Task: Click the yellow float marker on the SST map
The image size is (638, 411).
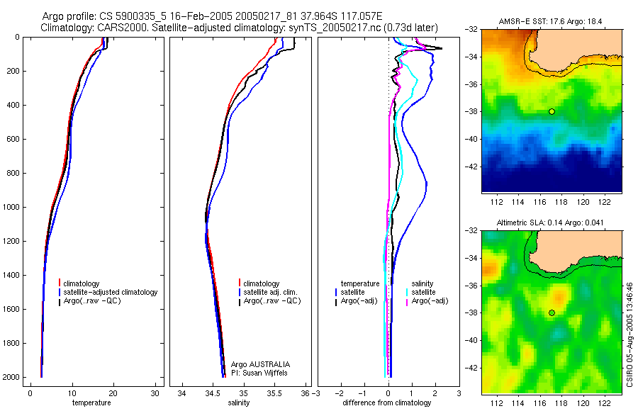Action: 552,111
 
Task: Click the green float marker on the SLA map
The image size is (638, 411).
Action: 552,313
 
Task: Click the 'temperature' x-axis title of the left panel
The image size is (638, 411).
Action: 91,403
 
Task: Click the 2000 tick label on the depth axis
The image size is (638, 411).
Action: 11,378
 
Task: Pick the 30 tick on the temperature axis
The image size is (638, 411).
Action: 155,393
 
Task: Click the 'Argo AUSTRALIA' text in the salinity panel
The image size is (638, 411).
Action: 260,364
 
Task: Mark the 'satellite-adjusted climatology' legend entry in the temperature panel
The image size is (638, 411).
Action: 112,292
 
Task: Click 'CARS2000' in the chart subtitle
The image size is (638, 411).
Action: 124,28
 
